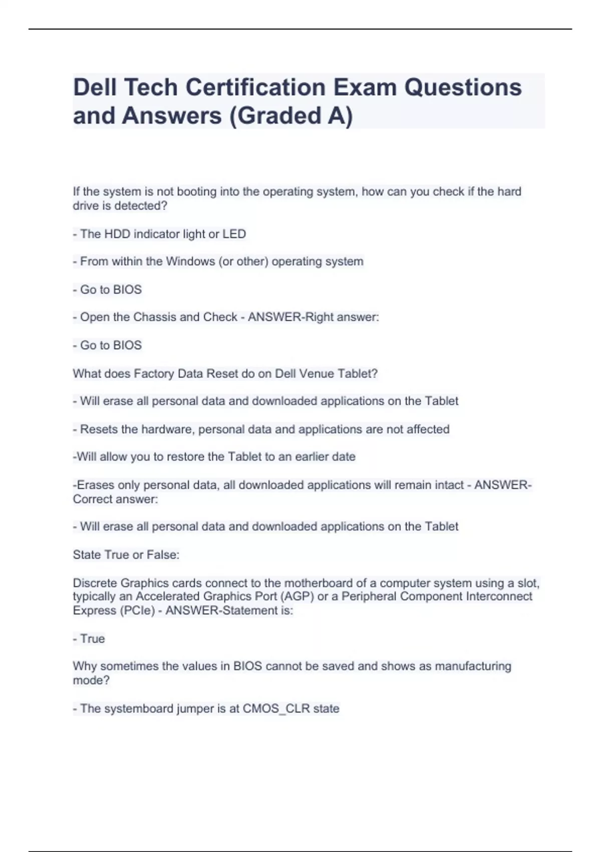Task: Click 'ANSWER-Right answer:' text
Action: click(x=314, y=317)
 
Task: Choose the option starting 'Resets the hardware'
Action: click(x=261, y=430)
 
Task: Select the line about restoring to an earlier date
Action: click(x=214, y=457)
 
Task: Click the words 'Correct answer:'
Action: click(x=116, y=499)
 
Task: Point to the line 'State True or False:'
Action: click(x=126, y=555)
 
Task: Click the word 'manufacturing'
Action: click(x=473, y=666)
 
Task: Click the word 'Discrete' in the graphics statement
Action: click(x=95, y=583)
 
